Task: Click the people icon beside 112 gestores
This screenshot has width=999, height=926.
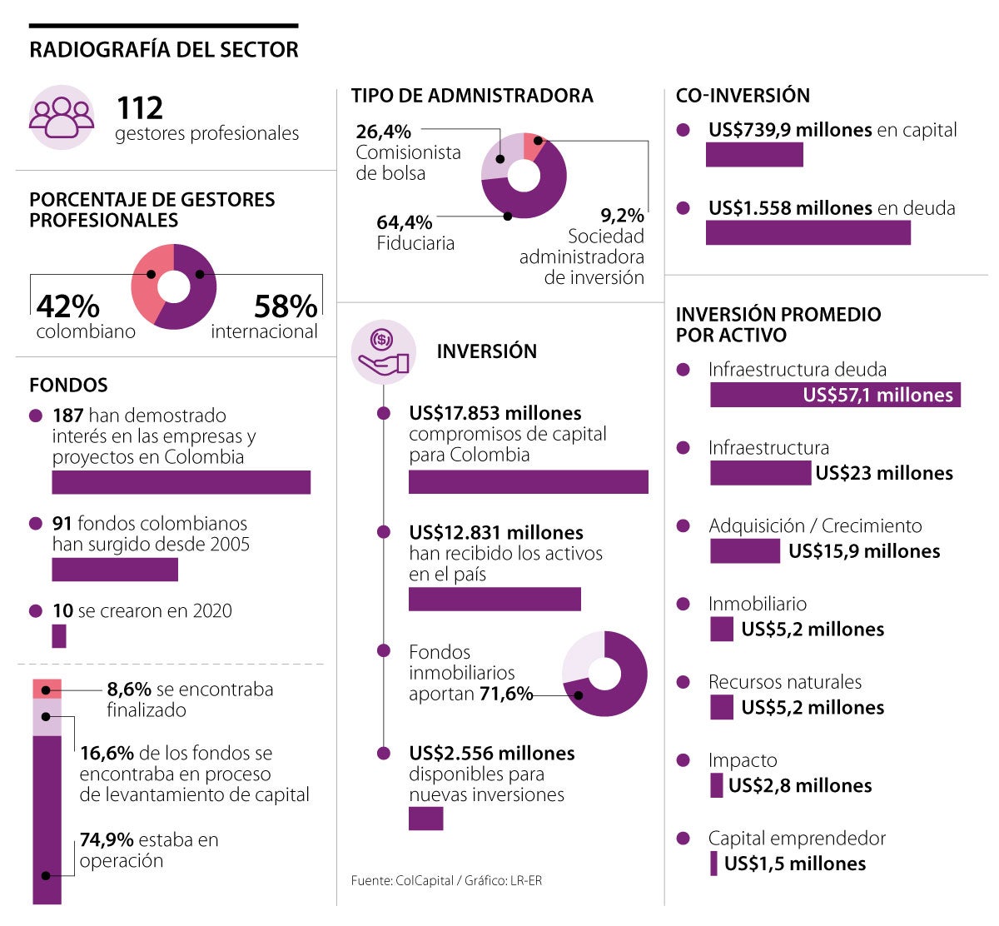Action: [62, 117]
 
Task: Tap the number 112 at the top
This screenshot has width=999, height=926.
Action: [140, 108]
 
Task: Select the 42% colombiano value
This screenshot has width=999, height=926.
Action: [68, 306]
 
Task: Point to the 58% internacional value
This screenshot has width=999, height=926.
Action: [285, 306]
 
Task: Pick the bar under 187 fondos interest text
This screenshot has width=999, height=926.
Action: [181, 482]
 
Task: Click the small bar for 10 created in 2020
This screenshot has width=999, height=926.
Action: [58, 635]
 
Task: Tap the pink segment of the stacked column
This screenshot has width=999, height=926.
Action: [47, 689]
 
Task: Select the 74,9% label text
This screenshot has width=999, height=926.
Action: [107, 839]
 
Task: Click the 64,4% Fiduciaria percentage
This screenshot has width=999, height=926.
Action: [405, 222]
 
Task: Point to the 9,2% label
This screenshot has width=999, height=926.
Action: [622, 216]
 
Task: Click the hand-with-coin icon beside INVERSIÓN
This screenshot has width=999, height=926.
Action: [382, 351]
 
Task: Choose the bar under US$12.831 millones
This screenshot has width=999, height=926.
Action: [495, 599]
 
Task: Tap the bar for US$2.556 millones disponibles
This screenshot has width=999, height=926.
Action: [425, 819]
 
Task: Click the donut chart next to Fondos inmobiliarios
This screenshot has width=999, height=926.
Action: [604, 674]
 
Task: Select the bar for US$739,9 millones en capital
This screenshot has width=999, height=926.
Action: [754, 155]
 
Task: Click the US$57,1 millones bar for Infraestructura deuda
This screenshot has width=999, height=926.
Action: [835, 395]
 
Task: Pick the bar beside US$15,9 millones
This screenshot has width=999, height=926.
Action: [745, 551]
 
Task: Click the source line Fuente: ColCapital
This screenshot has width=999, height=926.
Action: [446, 880]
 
